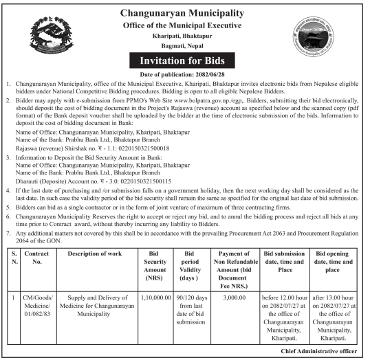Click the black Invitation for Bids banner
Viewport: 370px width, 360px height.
click(x=183, y=60)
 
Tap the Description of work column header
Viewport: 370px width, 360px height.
click(x=94, y=254)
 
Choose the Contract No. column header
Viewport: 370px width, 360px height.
click(x=35, y=258)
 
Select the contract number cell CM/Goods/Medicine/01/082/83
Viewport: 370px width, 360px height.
click(x=35, y=307)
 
